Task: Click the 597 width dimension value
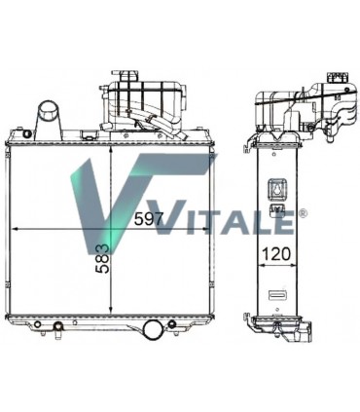(x=148, y=219)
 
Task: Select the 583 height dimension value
(x=103, y=258)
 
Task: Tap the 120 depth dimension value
(x=276, y=254)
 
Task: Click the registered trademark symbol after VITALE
(x=302, y=213)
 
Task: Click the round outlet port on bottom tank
(x=153, y=329)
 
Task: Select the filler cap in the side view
(x=338, y=78)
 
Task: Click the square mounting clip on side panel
(x=276, y=189)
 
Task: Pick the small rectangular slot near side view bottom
(x=276, y=294)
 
